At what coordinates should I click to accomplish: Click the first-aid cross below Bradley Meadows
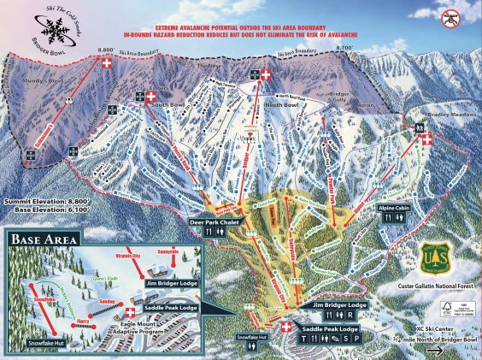(427, 139)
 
